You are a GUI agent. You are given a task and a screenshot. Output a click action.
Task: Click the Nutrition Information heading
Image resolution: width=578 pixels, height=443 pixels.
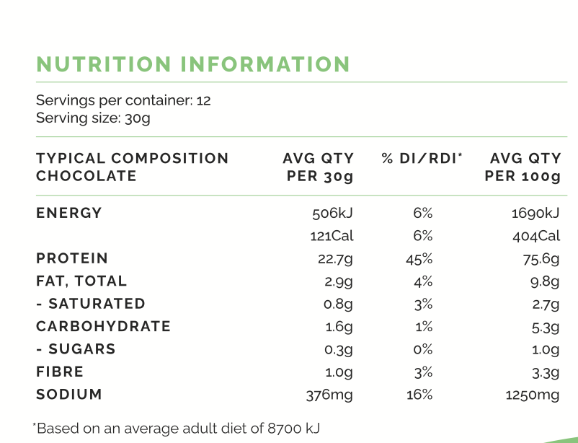tap(193, 64)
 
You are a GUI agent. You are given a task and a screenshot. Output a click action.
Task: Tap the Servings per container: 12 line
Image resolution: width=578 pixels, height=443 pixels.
tap(123, 100)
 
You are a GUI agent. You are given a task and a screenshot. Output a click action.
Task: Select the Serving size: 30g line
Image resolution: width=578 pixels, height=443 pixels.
tap(93, 118)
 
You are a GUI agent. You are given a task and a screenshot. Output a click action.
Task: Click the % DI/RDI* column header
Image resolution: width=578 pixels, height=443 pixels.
tap(422, 158)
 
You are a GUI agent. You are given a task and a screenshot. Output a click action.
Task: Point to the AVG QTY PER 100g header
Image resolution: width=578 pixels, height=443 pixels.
tap(523, 167)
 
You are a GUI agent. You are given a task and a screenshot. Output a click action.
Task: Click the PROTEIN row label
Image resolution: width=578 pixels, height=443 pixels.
tap(72, 258)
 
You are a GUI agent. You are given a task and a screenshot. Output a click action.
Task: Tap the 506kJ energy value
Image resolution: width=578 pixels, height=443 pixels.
tap(332, 214)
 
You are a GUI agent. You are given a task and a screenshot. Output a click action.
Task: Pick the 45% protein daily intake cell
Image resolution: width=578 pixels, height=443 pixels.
tap(419, 259)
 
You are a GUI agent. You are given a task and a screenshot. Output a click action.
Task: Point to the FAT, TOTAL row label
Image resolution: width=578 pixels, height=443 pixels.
tap(81, 281)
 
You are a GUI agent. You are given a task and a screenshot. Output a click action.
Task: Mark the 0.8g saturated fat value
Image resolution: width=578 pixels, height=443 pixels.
tap(339, 304)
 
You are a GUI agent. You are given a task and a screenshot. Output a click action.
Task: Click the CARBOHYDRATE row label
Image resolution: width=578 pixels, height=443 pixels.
tap(104, 326)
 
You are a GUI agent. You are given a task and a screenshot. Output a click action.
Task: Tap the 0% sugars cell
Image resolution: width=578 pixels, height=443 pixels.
tap(422, 349)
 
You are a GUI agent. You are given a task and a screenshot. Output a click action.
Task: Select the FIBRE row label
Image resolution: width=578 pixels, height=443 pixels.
tap(60, 372)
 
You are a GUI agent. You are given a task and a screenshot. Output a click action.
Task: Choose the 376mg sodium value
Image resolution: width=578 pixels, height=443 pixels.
tap(330, 395)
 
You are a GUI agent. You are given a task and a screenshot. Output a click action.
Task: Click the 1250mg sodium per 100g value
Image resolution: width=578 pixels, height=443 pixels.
tap(533, 395)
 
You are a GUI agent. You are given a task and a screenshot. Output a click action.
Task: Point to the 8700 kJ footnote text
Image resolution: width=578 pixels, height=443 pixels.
tap(177, 428)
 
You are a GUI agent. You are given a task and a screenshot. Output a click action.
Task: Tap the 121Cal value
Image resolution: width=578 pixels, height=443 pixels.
tap(332, 236)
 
